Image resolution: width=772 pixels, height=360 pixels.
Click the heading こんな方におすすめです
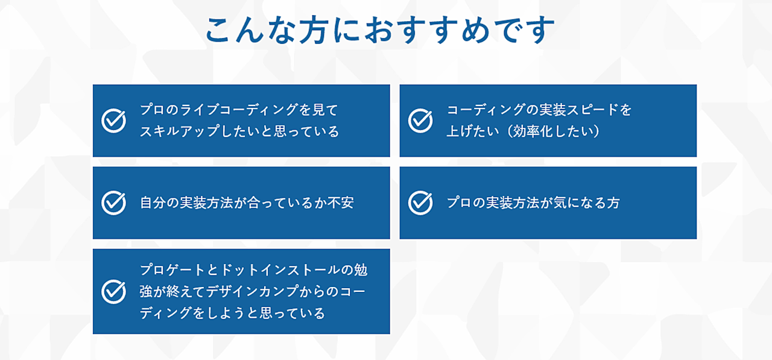click(380, 30)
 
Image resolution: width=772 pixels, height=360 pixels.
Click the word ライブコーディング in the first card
click(239, 110)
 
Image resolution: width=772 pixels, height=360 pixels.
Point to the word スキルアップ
click(179, 131)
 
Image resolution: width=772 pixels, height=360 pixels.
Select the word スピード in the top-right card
click(592, 110)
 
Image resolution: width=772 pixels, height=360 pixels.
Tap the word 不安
click(340, 203)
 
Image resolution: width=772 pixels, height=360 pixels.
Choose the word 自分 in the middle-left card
click(153, 203)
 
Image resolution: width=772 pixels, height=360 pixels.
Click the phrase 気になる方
click(586, 203)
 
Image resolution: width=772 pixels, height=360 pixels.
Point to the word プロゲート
click(172, 270)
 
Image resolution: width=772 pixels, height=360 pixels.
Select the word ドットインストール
click(280, 270)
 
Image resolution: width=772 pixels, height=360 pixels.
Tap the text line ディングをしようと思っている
click(232, 313)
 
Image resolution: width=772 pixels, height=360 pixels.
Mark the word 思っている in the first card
click(306, 131)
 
